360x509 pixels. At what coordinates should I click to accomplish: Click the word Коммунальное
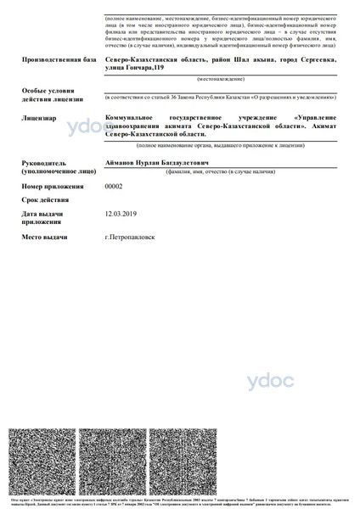[132, 118]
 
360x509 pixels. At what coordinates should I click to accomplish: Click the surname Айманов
[120, 161]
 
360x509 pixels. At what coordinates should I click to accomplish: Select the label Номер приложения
[53, 186]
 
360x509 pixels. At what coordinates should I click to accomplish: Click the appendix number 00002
[113, 186]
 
